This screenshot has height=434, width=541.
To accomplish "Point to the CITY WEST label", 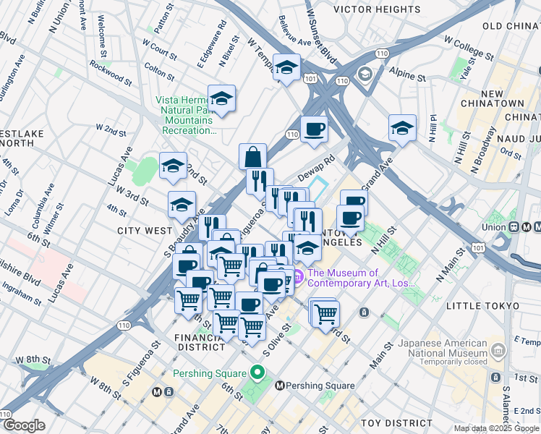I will click(x=145, y=231).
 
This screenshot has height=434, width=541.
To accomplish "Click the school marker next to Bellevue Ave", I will click(x=287, y=69).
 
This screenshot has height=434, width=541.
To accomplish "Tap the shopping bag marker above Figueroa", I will click(x=252, y=156).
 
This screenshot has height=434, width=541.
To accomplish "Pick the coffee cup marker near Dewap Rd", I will click(x=314, y=129).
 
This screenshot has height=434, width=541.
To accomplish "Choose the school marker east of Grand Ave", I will click(x=402, y=127).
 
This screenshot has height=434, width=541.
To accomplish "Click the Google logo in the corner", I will click(x=24, y=426).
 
